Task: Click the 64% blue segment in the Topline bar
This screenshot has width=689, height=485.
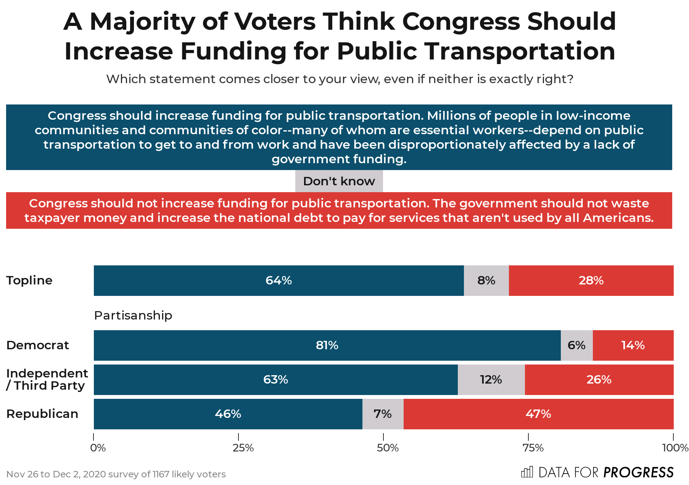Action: (x=278, y=281)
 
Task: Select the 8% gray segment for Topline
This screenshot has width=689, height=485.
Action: (x=486, y=281)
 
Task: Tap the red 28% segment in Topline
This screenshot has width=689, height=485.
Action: (x=591, y=281)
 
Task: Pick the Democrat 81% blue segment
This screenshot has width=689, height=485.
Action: (x=327, y=345)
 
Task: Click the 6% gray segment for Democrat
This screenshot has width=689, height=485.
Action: (x=576, y=345)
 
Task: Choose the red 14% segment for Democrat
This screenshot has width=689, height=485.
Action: (x=633, y=345)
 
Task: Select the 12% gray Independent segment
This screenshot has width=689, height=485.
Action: (x=491, y=380)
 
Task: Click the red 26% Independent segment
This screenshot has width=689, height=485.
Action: (x=599, y=380)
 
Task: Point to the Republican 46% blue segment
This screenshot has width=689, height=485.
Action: (x=228, y=414)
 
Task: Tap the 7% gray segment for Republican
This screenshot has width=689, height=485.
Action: (x=383, y=414)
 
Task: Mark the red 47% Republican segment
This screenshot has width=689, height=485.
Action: (x=538, y=414)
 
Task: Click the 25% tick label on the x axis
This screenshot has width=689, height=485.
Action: (x=243, y=448)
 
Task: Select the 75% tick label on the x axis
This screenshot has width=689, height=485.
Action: (x=533, y=448)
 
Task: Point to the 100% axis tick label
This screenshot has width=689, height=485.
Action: (x=675, y=448)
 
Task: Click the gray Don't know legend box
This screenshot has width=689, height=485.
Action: (x=339, y=181)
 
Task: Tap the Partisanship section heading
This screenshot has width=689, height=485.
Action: (x=133, y=315)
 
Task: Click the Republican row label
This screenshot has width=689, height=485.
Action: (x=42, y=414)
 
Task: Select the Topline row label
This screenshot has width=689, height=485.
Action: (x=29, y=280)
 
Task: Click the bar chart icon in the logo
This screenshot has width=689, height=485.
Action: (x=527, y=472)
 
